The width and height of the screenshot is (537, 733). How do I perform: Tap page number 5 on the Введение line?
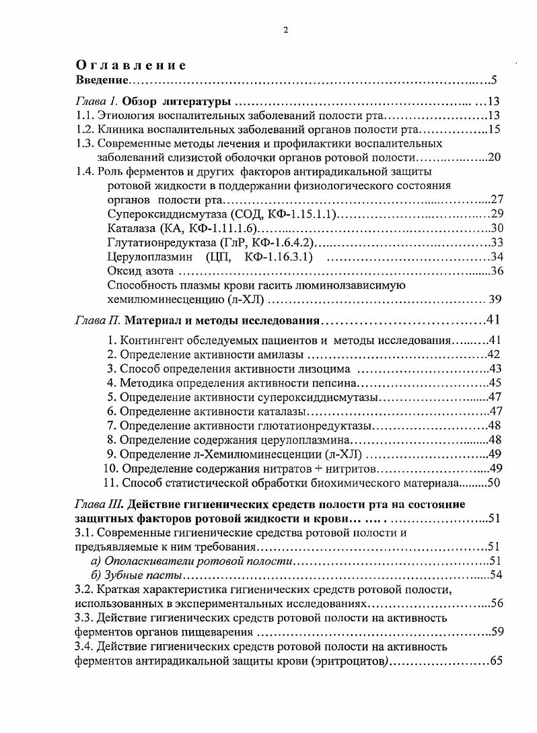493,81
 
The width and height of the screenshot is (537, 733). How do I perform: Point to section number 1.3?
83,143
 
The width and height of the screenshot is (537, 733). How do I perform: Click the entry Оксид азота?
141,271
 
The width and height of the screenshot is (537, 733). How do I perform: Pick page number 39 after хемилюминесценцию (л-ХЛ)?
495,300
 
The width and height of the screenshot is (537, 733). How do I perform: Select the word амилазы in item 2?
281,355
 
